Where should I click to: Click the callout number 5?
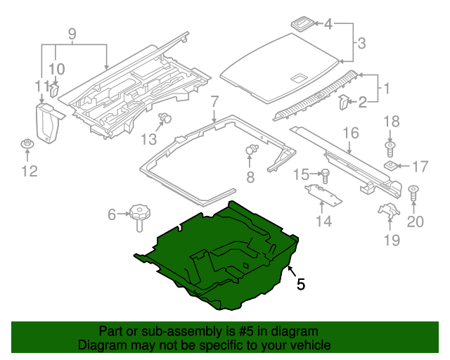tap(301, 285)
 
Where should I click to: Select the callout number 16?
tap(350, 133)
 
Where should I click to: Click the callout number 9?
tap(71, 33)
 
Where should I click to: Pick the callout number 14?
tap(323, 222)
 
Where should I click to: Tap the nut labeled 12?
tap(27, 146)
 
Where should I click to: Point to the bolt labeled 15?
tap(325, 174)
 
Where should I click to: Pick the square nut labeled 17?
tap(391, 167)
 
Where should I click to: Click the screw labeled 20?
tap(413, 191)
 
